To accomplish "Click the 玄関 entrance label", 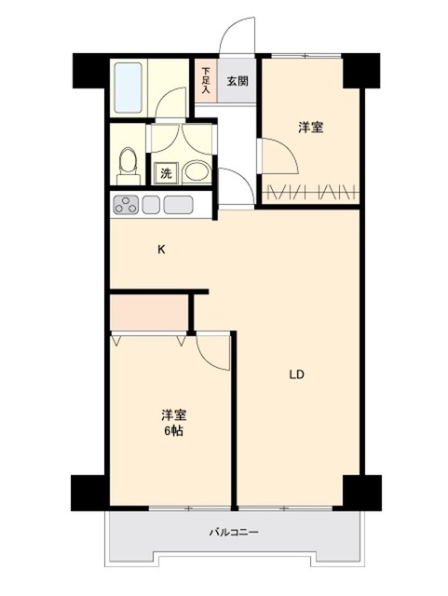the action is point(238,81).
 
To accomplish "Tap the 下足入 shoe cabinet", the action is point(206,80).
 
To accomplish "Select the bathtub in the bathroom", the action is point(129,88).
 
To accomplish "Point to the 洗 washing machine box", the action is point(166,174).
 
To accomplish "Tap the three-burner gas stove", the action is point(126,205).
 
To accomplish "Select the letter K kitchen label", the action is point(162,250).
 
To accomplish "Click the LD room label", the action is point(296,374).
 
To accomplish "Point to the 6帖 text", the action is point(174,431).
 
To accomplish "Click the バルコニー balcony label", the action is point(234,532).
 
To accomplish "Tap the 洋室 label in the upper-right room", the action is point(311,128).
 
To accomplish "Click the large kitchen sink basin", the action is point(178,205).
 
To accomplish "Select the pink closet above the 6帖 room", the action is point(149,314).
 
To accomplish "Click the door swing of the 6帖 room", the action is point(213,351).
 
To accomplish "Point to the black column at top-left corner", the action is point(89,71).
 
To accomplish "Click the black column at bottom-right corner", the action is point(361,493).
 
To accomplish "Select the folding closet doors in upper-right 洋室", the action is point(311,193).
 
